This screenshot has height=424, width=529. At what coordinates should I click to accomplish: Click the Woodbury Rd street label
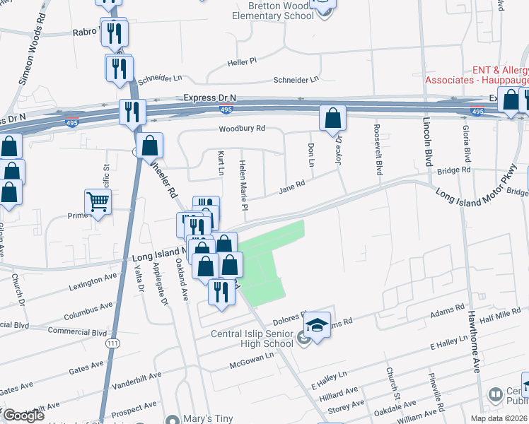point(241,129)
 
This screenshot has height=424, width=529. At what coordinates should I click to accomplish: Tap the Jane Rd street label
point(291,187)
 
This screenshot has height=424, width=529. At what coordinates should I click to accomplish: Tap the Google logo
point(23,416)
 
